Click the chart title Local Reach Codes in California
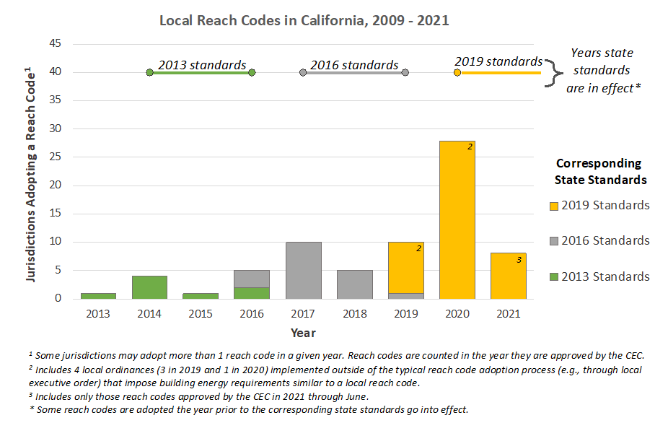(x=304, y=20)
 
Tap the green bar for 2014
(x=149, y=287)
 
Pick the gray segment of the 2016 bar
(x=252, y=279)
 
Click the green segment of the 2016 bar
(x=252, y=293)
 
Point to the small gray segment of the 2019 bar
(x=406, y=296)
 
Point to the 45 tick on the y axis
(x=74, y=44)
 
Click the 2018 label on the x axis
(x=355, y=313)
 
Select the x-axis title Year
(x=303, y=333)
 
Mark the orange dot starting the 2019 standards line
(x=457, y=73)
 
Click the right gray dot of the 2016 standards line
(x=405, y=73)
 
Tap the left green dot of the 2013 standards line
(x=149, y=73)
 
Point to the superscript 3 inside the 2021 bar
(x=519, y=260)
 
